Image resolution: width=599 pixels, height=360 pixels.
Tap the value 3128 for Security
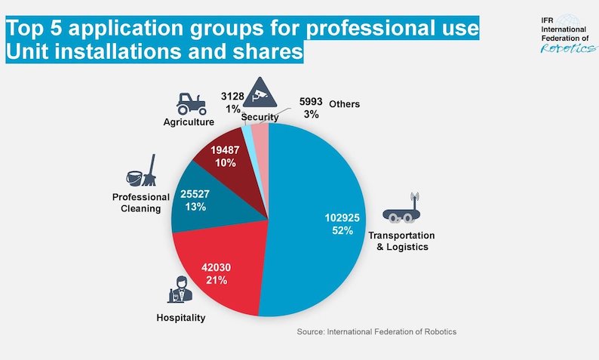[232, 97]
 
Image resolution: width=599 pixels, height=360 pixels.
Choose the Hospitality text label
[180, 318]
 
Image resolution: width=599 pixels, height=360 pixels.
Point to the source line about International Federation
[376, 331]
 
